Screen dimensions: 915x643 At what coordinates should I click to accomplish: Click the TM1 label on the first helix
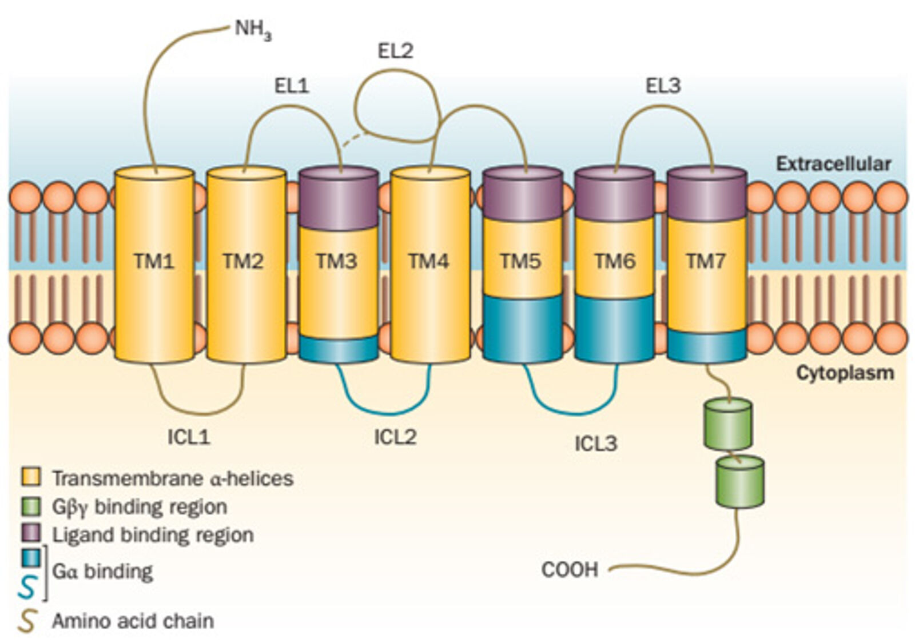click(154, 261)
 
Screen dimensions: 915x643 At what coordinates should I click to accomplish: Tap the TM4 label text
click(429, 261)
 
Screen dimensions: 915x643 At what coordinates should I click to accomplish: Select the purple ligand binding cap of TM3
click(339, 197)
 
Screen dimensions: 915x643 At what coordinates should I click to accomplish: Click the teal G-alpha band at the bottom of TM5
click(523, 328)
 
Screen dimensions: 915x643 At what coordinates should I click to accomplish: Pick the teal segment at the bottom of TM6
click(615, 328)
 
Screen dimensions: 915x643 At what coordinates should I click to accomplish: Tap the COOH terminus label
click(570, 569)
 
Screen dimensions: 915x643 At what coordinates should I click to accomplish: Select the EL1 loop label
click(292, 86)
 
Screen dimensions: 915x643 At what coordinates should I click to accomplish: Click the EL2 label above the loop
click(395, 51)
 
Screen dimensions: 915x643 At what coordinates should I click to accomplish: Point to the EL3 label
click(663, 86)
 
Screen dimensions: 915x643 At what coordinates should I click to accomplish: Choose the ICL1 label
click(189, 437)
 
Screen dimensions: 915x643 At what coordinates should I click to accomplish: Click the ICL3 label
click(596, 444)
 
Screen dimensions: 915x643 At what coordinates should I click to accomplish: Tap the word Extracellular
click(833, 164)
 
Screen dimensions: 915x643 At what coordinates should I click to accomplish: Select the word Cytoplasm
click(845, 373)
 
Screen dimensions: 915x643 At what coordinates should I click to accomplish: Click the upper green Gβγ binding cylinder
click(727, 425)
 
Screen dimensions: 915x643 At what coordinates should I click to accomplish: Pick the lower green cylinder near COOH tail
click(740, 482)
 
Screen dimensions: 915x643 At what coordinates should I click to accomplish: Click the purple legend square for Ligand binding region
click(31, 534)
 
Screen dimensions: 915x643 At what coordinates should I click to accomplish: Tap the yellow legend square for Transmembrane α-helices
click(31, 476)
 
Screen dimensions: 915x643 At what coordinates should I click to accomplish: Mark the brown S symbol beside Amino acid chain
click(27, 621)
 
